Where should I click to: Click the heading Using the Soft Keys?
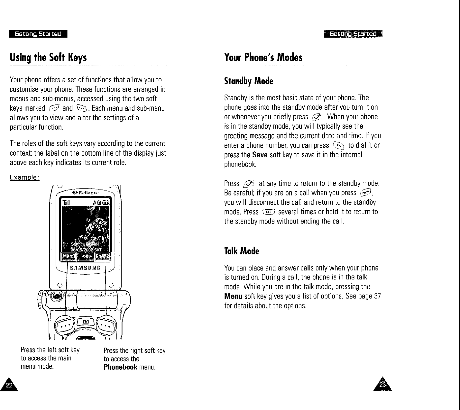click(48, 58)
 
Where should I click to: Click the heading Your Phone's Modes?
click(263, 58)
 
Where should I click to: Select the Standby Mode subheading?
click(248, 81)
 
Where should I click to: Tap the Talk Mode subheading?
click(241, 251)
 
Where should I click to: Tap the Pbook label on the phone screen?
click(103, 257)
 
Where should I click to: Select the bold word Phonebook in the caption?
click(120, 367)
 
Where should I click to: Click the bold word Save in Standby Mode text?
click(260, 155)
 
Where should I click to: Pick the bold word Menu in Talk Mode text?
click(233, 296)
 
